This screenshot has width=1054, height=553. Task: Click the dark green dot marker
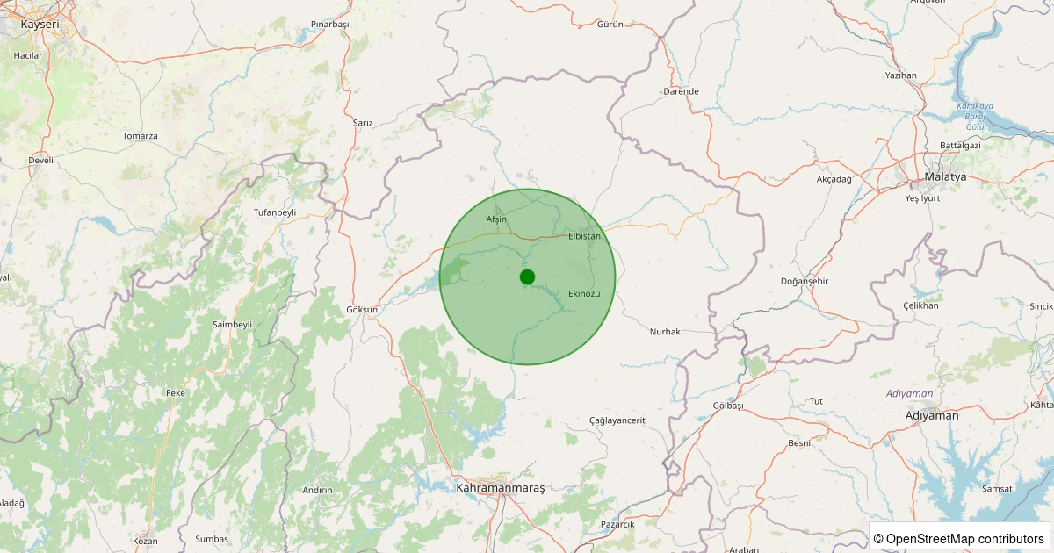(x=527, y=277)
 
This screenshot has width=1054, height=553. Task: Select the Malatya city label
(x=945, y=176)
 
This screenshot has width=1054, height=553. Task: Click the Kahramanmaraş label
(x=501, y=487)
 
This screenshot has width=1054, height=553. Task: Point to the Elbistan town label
(x=584, y=236)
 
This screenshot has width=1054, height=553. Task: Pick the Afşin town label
(x=496, y=219)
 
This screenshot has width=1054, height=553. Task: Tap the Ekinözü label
(x=584, y=293)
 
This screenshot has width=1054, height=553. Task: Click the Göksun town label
(x=362, y=309)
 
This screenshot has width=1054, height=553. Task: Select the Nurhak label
(x=665, y=331)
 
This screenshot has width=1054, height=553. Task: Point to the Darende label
(x=681, y=91)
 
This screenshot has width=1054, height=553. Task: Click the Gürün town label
(x=610, y=24)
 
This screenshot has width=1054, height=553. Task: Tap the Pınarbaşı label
(x=330, y=25)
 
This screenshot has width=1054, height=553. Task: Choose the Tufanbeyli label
(x=275, y=212)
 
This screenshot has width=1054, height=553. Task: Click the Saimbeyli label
(x=232, y=324)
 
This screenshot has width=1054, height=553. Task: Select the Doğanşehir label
(x=805, y=281)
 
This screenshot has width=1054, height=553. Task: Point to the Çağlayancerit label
(x=617, y=420)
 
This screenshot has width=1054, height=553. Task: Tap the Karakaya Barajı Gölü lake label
(x=975, y=117)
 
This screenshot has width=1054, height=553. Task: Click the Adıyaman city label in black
(x=932, y=415)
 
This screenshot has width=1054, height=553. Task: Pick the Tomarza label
(x=141, y=136)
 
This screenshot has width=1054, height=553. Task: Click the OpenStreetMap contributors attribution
(x=959, y=538)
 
